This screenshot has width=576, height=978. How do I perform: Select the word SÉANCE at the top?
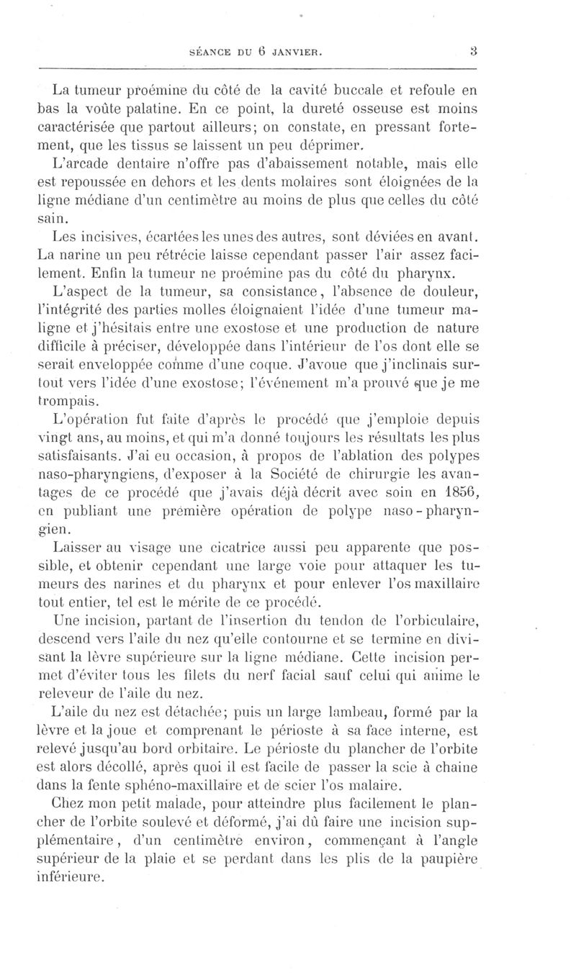[x=209, y=52]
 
